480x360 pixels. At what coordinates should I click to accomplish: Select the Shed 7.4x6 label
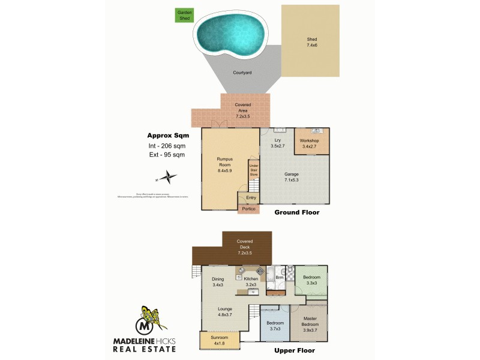(x=312, y=43)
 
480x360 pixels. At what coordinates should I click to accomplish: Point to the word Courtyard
(x=242, y=73)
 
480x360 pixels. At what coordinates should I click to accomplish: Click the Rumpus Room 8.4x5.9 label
(x=225, y=164)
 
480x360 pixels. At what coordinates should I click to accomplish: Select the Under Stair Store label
(x=253, y=170)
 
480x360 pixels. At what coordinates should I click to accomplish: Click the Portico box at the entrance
(x=248, y=209)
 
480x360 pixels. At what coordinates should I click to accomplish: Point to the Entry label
(x=251, y=197)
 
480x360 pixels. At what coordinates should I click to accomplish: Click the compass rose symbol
(x=169, y=177)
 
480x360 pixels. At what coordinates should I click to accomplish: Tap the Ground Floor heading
(x=296, y=212)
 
